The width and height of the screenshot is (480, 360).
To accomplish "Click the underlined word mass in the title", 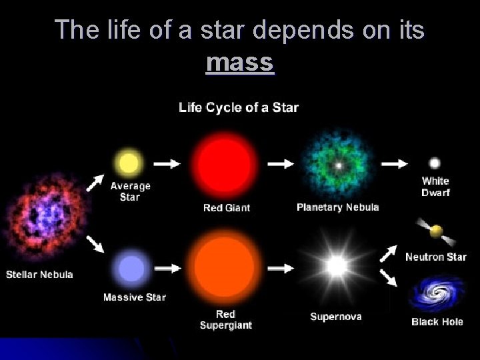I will tap(240, 63).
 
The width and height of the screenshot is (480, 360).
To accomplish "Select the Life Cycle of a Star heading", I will tap(239, 107).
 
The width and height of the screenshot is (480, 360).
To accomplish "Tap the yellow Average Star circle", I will tap(129, 162).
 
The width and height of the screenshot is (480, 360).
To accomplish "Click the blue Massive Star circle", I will tap(132, 269).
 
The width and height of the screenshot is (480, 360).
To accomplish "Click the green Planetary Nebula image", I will tap(339, 164).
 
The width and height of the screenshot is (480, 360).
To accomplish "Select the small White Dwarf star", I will tap(435, 163).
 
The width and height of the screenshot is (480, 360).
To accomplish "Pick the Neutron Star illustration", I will tap(435, 232).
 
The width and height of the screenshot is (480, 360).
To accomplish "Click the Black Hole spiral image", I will tap(436, 294).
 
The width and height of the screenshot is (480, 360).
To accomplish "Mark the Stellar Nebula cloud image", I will tap(41, 217).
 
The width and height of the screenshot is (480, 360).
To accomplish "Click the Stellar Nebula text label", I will tap(39, 274).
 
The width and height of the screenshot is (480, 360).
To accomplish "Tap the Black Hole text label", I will tap(438, 322).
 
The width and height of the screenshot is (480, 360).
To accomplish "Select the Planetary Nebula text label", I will tap(337, 207).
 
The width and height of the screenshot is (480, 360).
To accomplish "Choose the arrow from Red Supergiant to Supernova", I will tap(281, 268).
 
